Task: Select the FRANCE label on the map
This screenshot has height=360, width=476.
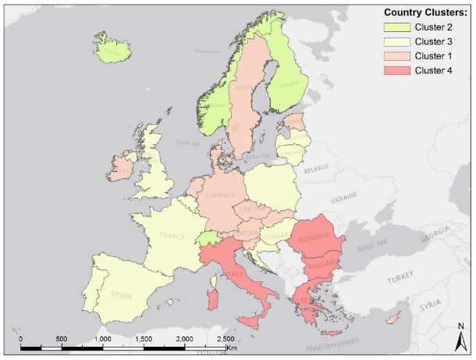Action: pos(173,235)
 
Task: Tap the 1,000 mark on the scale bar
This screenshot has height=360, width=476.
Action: pos(103,339)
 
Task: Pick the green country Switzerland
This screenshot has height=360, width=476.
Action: pos(208,238)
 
